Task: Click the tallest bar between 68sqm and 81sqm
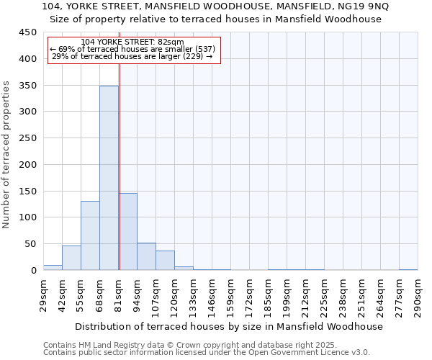click(109, 178)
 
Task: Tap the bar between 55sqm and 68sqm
click(90, 235)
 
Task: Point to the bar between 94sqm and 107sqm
click(146, 256)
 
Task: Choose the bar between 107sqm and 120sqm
click(165, 261)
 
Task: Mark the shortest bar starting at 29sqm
click(53, 267)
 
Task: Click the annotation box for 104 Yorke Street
click(133, 50)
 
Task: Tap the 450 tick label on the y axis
click(27, 32)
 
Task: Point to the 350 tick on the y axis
click(27, 85)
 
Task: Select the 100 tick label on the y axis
click(27, 217)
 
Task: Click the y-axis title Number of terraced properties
click(6, 154)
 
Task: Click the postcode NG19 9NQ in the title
click(365, 6)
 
